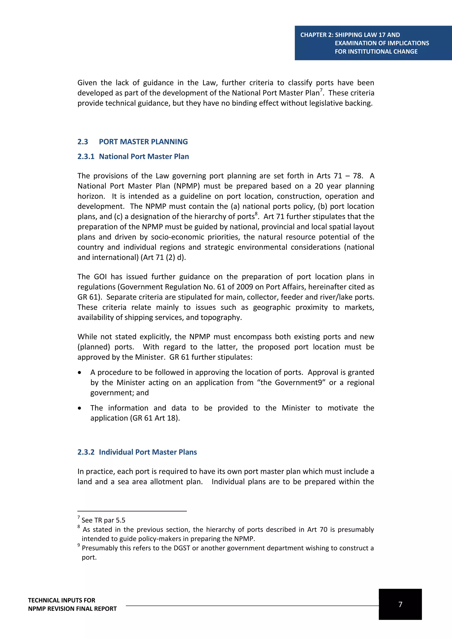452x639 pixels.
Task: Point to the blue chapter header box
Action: pos(373,43)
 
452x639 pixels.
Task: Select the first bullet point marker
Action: pos(80,373)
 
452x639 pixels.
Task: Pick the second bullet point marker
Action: pos(80,408)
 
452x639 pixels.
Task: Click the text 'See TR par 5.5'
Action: pos(103,520)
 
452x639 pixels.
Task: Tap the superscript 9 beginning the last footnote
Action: pos(79,545)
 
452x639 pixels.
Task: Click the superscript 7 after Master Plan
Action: pos(321,90)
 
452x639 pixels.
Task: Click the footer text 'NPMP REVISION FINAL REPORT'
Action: pos(72,609)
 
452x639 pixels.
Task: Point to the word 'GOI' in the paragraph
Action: pos(100,277)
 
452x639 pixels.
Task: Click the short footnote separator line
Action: pos(132,511)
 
